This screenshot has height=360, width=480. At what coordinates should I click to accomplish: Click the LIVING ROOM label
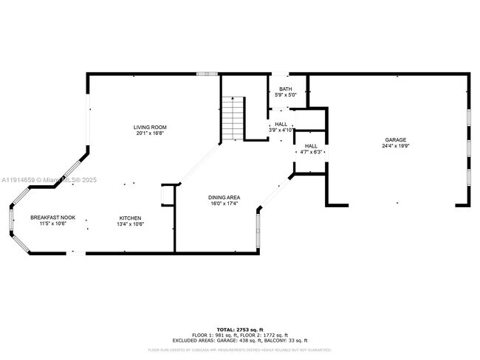(149, 127)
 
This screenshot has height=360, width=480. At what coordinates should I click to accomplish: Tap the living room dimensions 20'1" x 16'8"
(149, 134)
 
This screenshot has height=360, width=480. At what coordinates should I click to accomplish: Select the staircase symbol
(233, 118)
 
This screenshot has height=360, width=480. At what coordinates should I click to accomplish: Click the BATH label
(285, 89)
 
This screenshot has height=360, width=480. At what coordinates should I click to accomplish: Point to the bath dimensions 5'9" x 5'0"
(285, 95)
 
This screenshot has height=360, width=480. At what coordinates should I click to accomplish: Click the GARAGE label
(395, 139)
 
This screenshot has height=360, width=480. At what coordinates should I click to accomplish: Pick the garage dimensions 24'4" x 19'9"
(395, 146)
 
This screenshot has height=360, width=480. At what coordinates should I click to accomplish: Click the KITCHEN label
(131, 218)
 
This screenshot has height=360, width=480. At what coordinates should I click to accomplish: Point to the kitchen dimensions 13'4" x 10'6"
(131, 224)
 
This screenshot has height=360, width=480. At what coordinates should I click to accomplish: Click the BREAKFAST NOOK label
(49, 218)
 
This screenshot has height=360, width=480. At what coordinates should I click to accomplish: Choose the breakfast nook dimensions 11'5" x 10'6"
(49, 224)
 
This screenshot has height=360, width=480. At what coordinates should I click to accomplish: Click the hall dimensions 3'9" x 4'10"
(281, 130)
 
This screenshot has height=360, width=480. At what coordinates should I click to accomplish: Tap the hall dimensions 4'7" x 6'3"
(311, 153)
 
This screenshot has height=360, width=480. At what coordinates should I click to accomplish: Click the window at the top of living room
(207, 74)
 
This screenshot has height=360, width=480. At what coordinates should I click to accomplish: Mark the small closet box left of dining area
(166, 195)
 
